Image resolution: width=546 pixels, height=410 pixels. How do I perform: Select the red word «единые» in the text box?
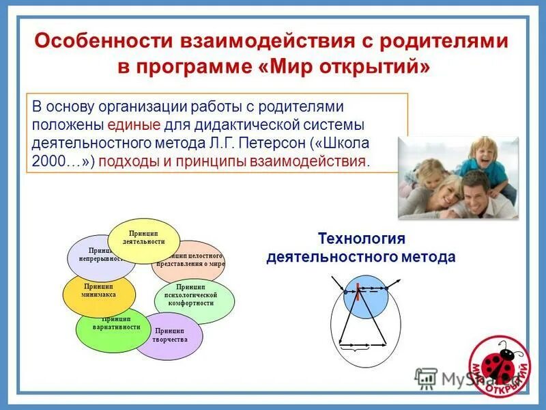134,126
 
